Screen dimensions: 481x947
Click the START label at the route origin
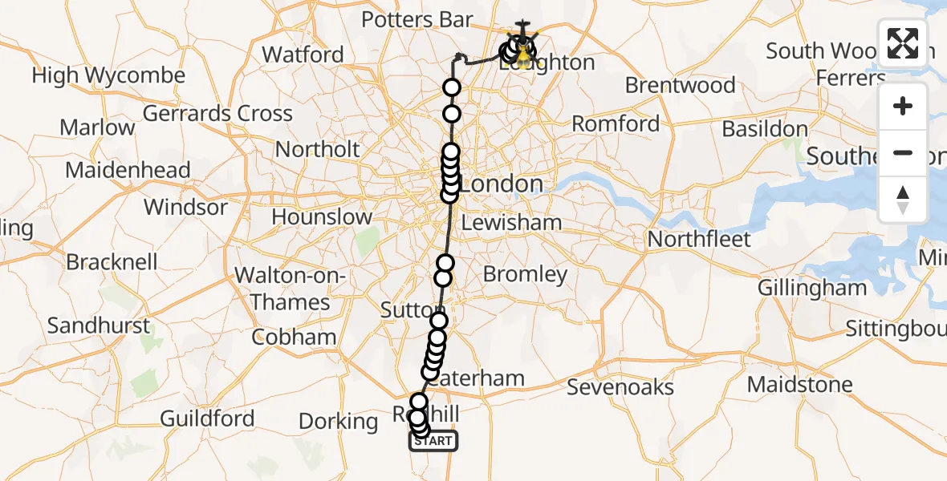point(434,440)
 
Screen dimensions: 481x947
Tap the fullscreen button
point(903,43)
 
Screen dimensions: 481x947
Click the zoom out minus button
point(903,152)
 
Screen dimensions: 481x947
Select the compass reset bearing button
point(903,199)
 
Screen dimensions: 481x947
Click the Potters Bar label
point(417,19)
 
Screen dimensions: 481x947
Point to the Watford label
point(303,55)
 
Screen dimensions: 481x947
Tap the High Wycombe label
point(108,75)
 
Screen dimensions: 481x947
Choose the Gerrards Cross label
point(217,113)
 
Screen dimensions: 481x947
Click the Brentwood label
point(680,85)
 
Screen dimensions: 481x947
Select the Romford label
point(616,124)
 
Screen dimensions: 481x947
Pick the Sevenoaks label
point(620,387)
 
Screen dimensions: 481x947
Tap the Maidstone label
point(799,385)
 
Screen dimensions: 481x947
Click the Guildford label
point(207,418)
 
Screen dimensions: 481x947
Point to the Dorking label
point(337,421)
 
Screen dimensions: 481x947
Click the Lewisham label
point(511,222)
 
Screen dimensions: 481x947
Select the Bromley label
point(525,274)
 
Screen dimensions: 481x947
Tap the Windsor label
point(185,207)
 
